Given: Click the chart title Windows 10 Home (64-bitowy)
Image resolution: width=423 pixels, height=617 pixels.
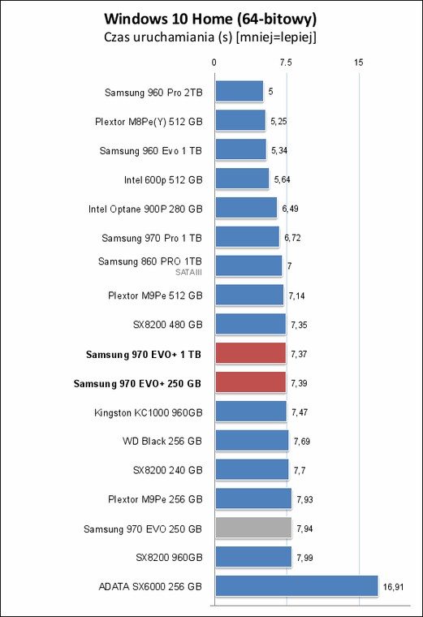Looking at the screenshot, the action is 210,19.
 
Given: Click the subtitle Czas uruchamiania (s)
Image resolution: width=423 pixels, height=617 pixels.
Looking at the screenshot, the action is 167,37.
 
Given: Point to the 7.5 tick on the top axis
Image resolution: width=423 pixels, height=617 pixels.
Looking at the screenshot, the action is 286,63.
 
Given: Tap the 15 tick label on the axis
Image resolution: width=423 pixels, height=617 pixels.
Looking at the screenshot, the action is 359,63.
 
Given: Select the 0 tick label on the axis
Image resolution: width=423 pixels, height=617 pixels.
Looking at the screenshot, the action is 214,63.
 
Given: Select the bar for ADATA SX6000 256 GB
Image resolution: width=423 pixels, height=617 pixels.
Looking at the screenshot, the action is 296,586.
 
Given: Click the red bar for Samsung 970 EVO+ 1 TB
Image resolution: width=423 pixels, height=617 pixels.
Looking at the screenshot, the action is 251,353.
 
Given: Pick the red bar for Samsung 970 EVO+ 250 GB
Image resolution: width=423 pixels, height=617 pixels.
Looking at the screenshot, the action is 251,382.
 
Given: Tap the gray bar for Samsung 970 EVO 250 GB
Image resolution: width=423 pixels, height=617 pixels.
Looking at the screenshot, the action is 253,528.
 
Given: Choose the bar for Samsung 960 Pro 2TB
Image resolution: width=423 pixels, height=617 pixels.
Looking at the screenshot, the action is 240,91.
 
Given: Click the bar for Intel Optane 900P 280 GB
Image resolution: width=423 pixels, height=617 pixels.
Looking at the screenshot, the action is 246,207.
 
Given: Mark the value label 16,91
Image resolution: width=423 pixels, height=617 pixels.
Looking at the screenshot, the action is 393,587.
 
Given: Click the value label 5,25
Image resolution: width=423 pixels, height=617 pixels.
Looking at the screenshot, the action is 278,121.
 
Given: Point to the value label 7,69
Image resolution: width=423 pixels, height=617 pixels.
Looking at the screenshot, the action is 302,442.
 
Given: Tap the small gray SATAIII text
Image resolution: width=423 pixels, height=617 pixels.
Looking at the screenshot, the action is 189,272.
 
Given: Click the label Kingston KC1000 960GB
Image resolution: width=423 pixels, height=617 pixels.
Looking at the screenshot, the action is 149,412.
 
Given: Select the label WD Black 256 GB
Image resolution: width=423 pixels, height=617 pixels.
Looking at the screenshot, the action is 162,441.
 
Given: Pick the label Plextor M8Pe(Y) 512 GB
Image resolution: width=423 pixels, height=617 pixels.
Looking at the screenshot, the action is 149,122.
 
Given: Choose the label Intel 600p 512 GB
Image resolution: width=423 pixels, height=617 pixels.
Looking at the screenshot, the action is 163,180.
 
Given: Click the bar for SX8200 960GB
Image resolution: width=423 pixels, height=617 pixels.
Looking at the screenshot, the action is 253,557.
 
